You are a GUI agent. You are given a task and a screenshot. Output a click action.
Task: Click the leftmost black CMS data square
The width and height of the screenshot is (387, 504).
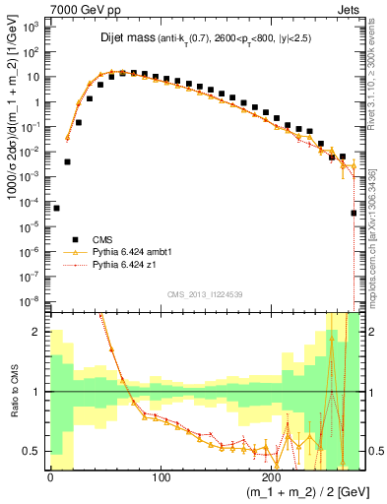tap(56, 208)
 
